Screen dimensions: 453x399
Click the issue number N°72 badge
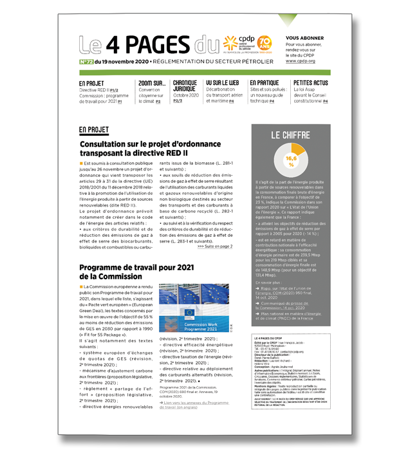86,62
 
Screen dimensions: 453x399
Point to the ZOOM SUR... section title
152,83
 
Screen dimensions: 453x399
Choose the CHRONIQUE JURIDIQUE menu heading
185,86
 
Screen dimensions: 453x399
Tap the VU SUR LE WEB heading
222,83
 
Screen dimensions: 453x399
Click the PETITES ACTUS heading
310,83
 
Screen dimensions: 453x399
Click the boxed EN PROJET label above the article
93,129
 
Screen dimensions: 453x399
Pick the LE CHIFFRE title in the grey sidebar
291,136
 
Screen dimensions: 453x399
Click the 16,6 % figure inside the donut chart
291,161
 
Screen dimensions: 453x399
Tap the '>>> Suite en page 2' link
215,246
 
